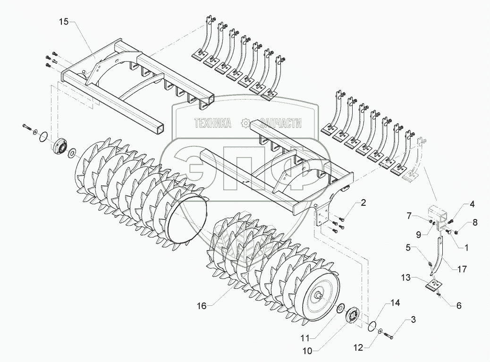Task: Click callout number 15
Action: tap(64, 22)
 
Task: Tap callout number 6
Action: tap(458, 305)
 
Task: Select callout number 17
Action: tap(462, 270)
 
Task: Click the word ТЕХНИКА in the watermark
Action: tap(212, 124)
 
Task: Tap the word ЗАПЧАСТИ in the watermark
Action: tap(278, 124)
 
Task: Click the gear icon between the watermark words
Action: tap(245, 124)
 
